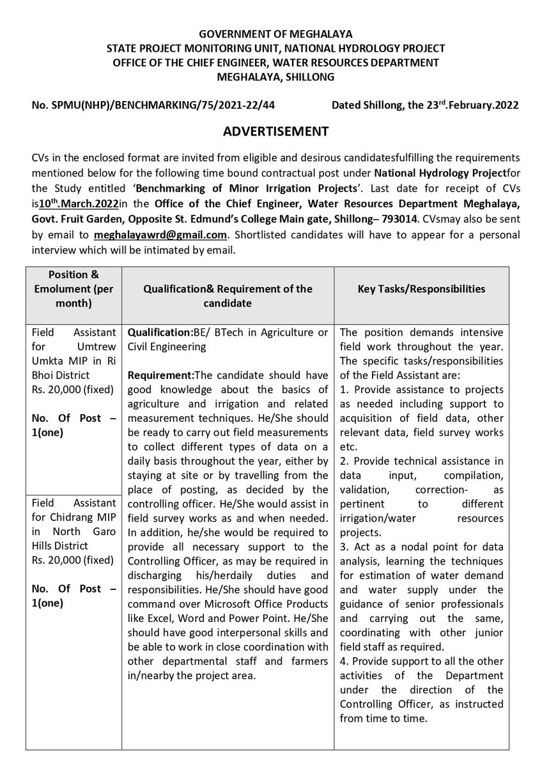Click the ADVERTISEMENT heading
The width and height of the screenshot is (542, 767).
[x=275, y=132]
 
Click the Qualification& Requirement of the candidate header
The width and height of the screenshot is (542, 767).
[x=229, y=295]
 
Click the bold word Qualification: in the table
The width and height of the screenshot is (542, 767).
[x=159, y=334]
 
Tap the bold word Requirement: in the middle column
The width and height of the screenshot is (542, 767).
[x=160, y=375]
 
